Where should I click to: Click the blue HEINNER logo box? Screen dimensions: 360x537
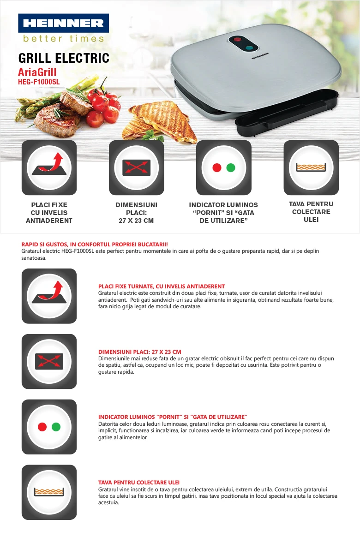coord(63,23)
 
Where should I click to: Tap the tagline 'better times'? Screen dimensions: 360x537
coord(63,38)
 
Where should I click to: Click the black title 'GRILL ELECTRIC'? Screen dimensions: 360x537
coord(64,58)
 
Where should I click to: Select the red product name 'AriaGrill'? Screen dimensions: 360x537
coord(37,72)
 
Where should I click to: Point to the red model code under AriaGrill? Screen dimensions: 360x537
coord(39,82)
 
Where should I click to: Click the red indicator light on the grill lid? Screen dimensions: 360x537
coord(237,39)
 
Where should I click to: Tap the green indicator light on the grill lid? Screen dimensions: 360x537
coord(249,48)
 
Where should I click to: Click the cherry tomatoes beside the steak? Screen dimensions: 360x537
coord(103,106)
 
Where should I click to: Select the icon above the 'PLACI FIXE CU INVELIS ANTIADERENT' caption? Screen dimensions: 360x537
coord(49,167)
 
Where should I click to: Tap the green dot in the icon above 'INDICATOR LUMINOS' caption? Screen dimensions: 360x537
coord(231,167)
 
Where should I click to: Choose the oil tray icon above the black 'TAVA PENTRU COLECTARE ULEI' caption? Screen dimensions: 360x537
coord(311,167)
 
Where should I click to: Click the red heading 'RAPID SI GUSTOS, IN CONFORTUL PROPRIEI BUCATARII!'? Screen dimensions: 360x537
coord(95,244)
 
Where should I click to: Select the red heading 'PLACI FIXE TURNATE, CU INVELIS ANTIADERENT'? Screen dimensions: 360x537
coord(162,286)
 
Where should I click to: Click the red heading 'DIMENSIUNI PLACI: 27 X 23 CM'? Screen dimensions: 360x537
coord(140,352)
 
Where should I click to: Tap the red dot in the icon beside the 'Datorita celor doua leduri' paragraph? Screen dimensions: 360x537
coord(42,427)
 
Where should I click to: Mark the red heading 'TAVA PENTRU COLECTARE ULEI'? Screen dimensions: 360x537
coord(139,482)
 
